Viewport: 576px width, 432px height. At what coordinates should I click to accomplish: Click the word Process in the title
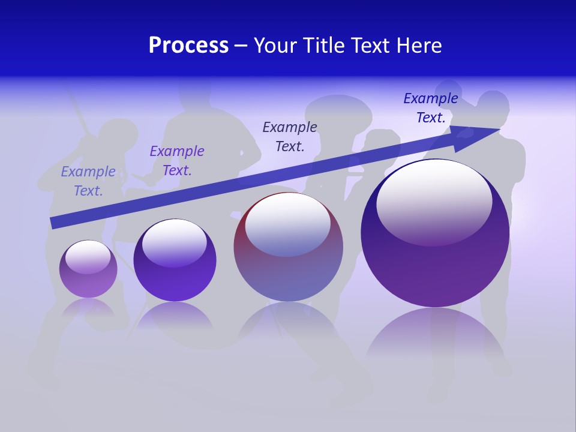[x=188, y=46]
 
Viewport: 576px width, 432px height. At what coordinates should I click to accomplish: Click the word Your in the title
[x=275, y=46]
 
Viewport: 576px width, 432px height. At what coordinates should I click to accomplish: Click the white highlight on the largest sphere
[x=434, y=201]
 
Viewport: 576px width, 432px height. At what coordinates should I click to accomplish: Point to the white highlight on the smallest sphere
[x=88, y=257]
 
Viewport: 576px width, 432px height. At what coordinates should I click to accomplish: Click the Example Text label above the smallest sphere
[x=88, y=181]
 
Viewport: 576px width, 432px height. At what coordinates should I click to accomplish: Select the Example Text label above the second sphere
[x=177, y=161]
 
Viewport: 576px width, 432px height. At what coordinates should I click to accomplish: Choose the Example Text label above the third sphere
[x=290, y=136]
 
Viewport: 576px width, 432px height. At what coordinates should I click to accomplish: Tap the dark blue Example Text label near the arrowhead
[x=431, y=108]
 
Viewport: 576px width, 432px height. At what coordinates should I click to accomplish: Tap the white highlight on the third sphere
[x=288, y=223]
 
